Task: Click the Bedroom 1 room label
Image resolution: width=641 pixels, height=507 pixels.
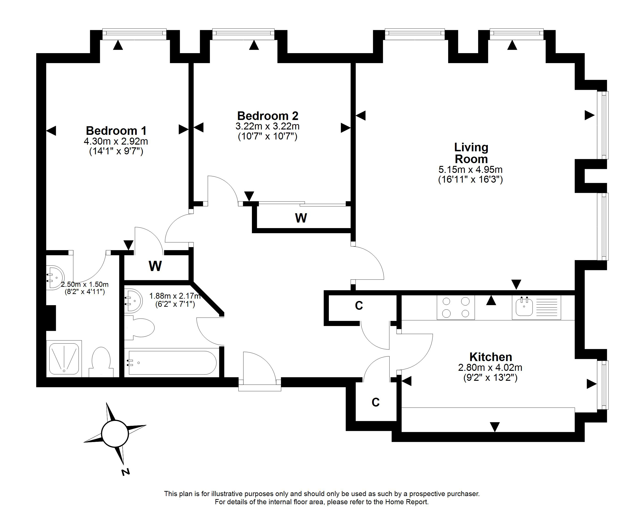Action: (116, 131)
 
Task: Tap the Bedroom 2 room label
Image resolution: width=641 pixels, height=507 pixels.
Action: (268, 116)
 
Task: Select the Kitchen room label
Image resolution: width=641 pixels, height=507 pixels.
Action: (491, 357)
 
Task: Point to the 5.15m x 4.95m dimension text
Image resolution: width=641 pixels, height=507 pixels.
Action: (470, 169)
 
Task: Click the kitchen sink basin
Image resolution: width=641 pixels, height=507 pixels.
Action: (524, 307)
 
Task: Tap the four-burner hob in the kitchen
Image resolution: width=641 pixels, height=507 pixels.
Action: (456, 307)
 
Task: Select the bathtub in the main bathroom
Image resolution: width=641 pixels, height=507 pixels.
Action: (172, 363)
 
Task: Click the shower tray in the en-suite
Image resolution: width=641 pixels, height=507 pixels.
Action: (64, 358)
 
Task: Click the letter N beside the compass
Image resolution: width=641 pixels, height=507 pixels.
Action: (126, 472)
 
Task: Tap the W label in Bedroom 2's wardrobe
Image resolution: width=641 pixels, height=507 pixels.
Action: (301, 218)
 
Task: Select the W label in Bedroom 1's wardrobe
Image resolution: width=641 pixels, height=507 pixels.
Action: (155, 266)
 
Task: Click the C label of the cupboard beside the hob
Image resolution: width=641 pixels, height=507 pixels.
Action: (359, 305)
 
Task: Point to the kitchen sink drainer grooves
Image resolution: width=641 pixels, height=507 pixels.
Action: (547, 307)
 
